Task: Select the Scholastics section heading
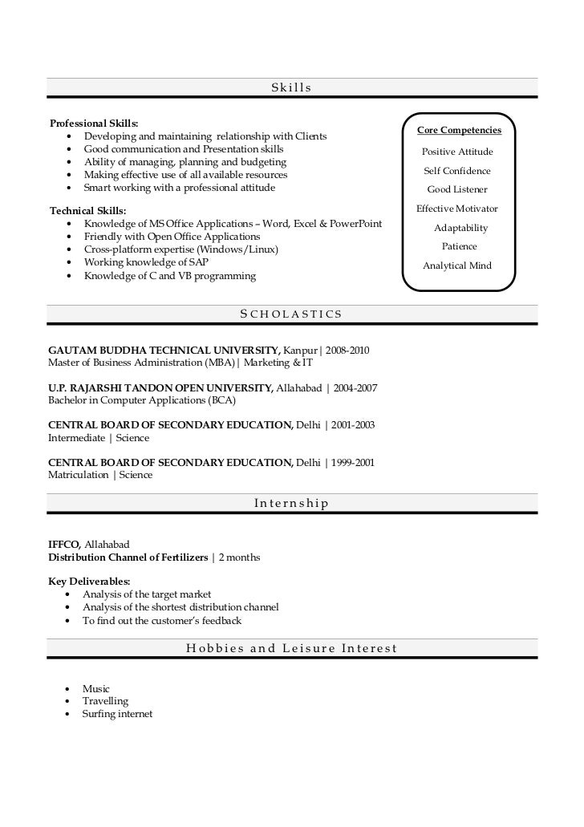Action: (291, 314)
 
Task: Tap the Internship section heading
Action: (291, 504)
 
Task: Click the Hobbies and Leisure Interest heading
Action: (291, 648)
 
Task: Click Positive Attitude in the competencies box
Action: (457, 152)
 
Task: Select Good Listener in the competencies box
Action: (457, 190)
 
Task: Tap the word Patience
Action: (459, 246)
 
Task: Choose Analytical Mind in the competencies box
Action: (457, 266)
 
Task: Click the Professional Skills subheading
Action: (94, 124)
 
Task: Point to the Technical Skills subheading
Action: (88, 211)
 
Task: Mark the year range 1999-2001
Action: (352, 463)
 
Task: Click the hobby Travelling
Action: (105, 701)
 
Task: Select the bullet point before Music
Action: (65, 689)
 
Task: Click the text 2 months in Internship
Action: (239, 557)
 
